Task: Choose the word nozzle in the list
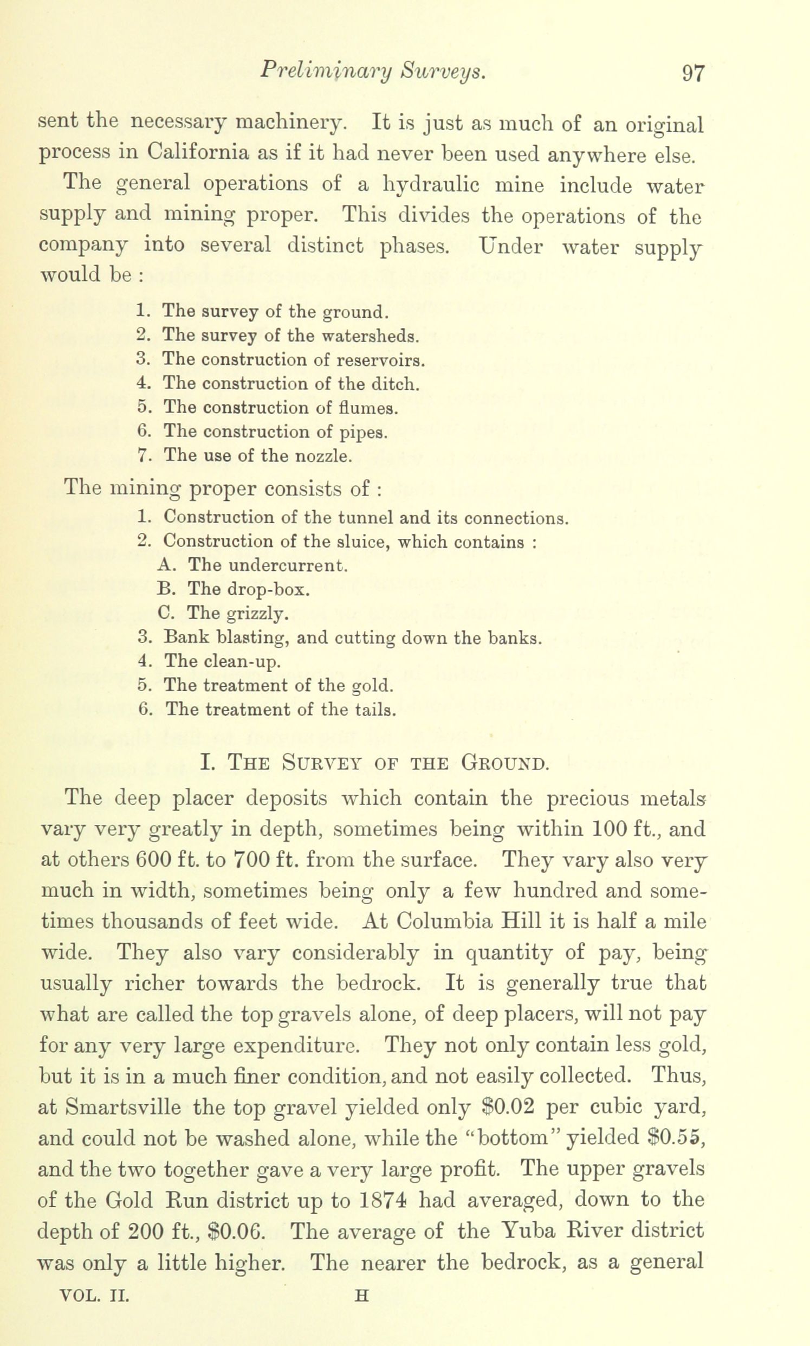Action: coord(323,456)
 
